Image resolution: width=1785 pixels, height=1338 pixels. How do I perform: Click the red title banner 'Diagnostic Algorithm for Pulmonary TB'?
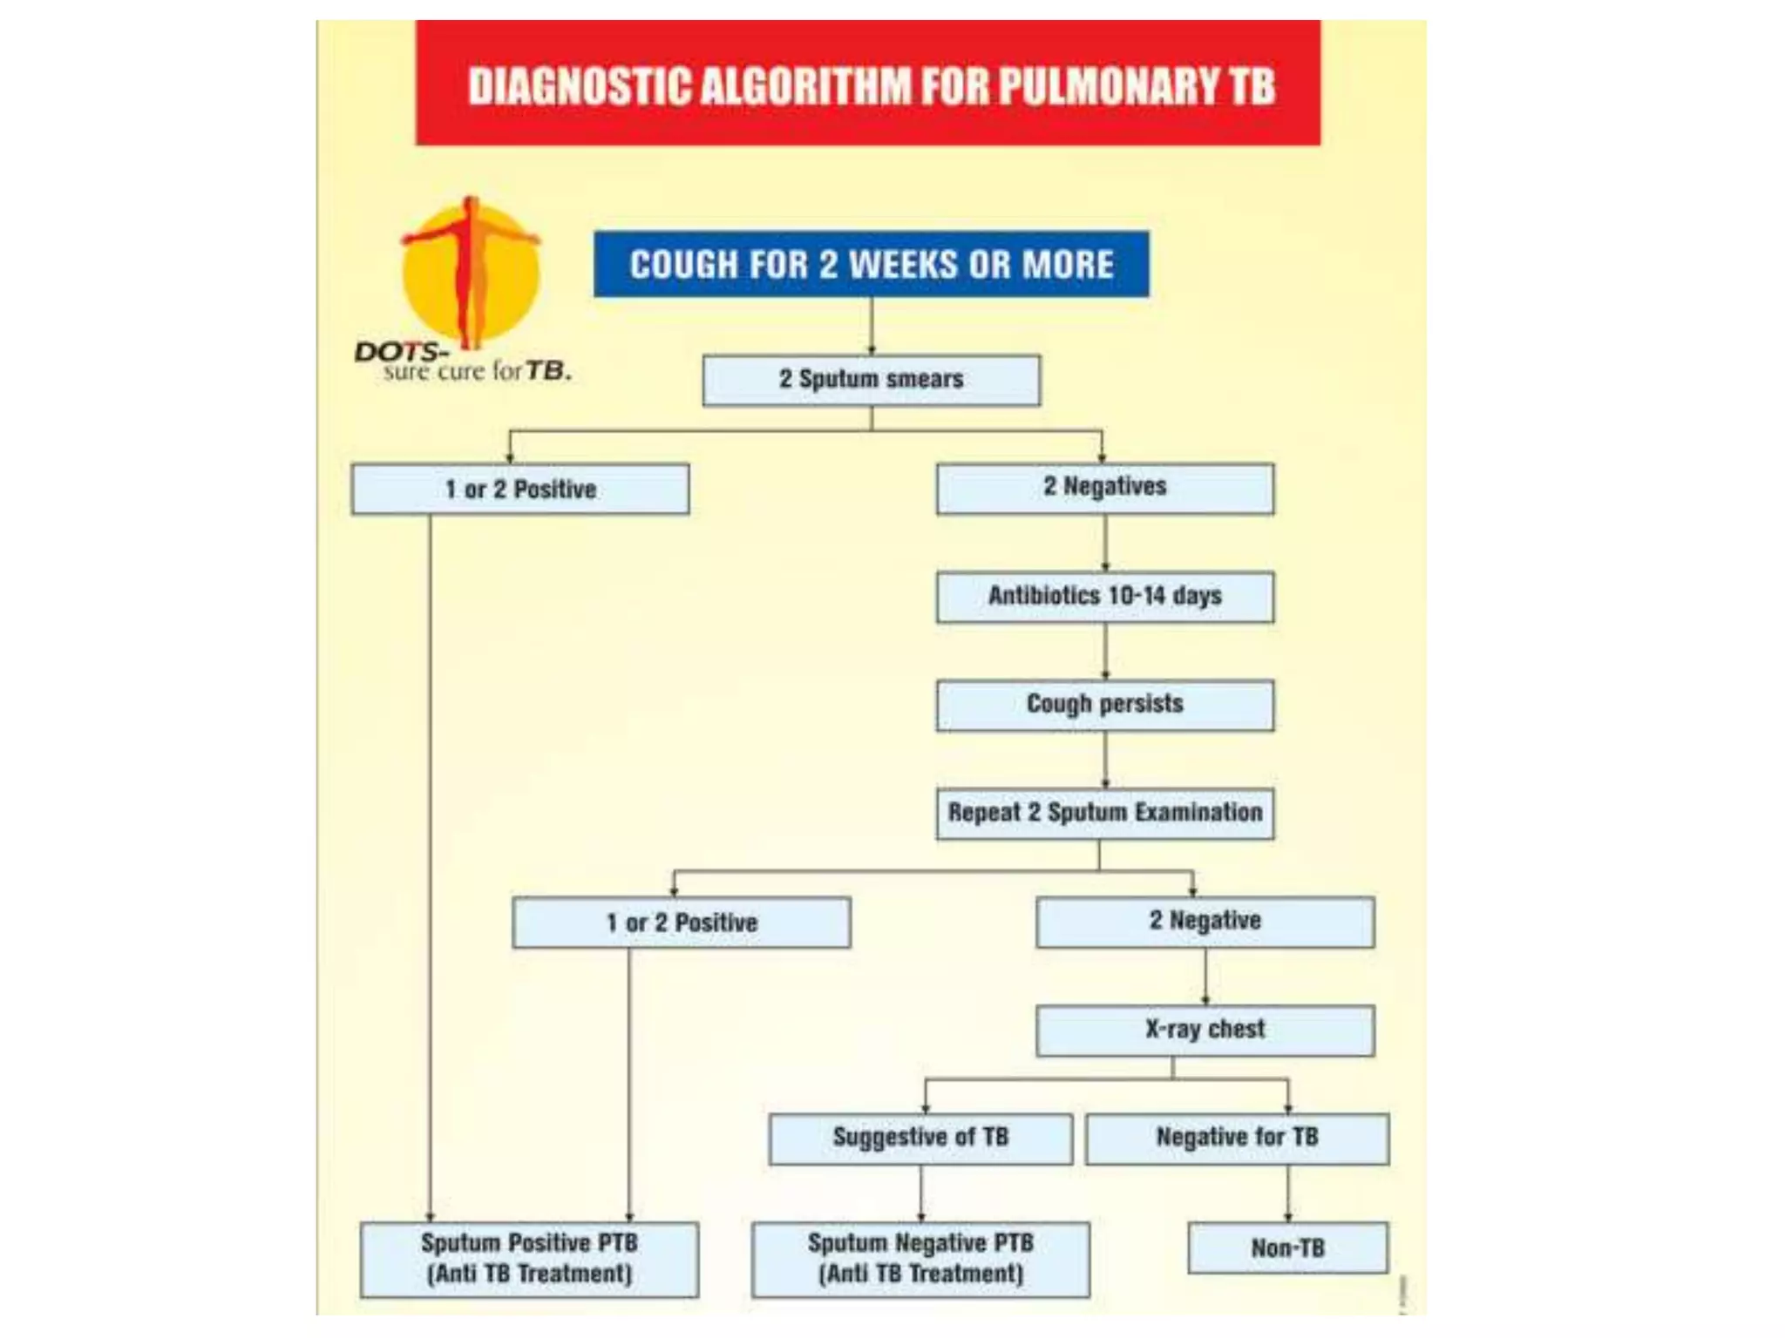[867, 83]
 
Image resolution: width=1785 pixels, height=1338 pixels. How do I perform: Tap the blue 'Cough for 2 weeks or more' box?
[871, 264]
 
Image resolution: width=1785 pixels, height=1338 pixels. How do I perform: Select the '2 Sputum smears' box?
[871, 380]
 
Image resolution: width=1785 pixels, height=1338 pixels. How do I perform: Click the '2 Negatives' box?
[1104, 488]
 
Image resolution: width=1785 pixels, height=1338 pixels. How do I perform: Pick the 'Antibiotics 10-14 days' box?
[1104, 597]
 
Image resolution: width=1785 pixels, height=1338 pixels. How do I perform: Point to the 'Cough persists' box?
[1104, 705]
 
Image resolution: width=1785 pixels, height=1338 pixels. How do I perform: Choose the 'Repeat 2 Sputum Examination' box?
[1104, 814]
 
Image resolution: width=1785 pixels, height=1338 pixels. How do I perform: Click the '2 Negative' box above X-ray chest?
[1205, 922]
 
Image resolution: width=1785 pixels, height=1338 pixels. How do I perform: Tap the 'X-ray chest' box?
[1205, 1031]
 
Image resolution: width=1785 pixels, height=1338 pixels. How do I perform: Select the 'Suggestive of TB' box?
[920, 1139]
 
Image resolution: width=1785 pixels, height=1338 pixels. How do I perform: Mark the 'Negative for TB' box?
[1237, 1139]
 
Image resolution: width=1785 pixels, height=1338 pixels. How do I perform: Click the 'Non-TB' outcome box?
[1287, 1248]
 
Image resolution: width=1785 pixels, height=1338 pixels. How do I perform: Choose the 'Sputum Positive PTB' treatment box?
[529, 1260]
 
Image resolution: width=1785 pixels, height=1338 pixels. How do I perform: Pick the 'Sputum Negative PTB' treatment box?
[920, 1260]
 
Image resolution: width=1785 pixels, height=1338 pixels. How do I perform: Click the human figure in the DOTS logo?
[471, 270]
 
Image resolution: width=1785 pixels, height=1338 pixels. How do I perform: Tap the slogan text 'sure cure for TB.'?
[477, 372]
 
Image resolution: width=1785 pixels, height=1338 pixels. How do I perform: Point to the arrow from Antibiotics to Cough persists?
[1105, 652]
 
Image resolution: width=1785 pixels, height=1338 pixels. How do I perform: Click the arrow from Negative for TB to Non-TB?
[1287, 1194]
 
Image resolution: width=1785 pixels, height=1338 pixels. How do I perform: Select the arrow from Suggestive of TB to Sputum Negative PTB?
[920, 1194]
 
